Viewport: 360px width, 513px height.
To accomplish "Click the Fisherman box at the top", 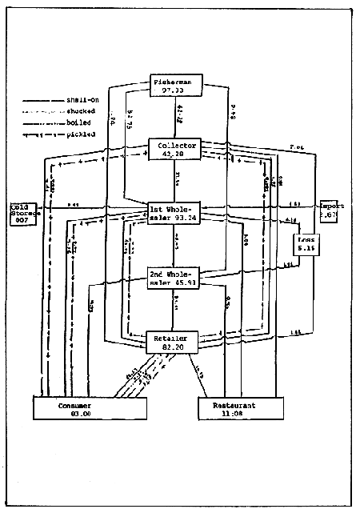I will coord(178,85).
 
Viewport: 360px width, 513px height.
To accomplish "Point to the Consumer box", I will coord(90,407).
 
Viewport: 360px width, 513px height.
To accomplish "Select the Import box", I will coord(332,210).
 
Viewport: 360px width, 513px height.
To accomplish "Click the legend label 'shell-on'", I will coord(83,100).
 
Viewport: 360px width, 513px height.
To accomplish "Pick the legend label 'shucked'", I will coord(83,111).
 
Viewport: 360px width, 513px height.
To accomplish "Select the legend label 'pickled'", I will coord(82,134).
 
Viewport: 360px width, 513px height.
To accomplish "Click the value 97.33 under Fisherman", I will coord(178,90).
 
